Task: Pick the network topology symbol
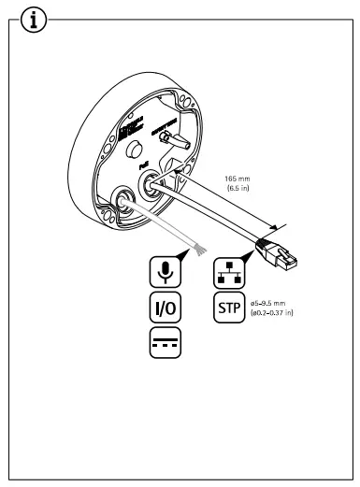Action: click(228, 270)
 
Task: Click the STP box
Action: click(228, 307)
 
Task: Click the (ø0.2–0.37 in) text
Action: click(279, 311)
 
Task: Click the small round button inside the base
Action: click(113, 150)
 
